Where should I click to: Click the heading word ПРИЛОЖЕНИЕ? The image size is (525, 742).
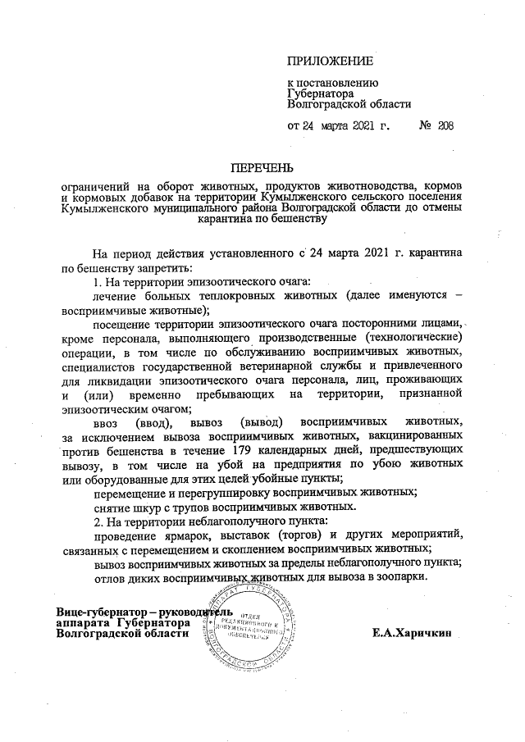(330, 61)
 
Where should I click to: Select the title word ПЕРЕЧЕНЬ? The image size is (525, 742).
(261, 169)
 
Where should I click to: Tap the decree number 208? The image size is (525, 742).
(445, 126)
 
